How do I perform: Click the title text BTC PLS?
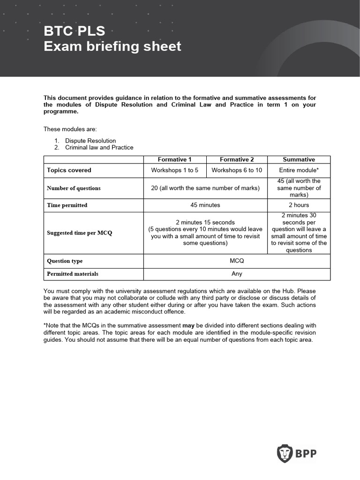click(75, 31)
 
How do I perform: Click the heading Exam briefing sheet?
click(112, 47)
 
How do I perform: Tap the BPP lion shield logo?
click(285, 453)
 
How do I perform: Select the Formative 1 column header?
click(174, 159)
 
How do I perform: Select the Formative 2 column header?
click(237, 159)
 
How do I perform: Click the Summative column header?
click(299, 159)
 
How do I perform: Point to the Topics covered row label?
click(69, 170)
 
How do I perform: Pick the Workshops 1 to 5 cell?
click(174, 170)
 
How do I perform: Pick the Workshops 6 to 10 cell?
click(237, 170)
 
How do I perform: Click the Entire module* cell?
click(299, 170)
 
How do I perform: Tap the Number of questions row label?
click(74, 188)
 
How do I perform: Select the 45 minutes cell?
click(205, 205)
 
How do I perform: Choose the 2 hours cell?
click(299, 205)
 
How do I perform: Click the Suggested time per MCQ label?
click(80, 233)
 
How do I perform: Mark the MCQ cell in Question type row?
click(236, 261)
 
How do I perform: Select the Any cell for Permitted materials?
click(236, 274)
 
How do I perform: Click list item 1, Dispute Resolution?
click(90, 141)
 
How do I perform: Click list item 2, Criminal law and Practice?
click(99, 147)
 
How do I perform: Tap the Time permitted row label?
click(67, 205)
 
